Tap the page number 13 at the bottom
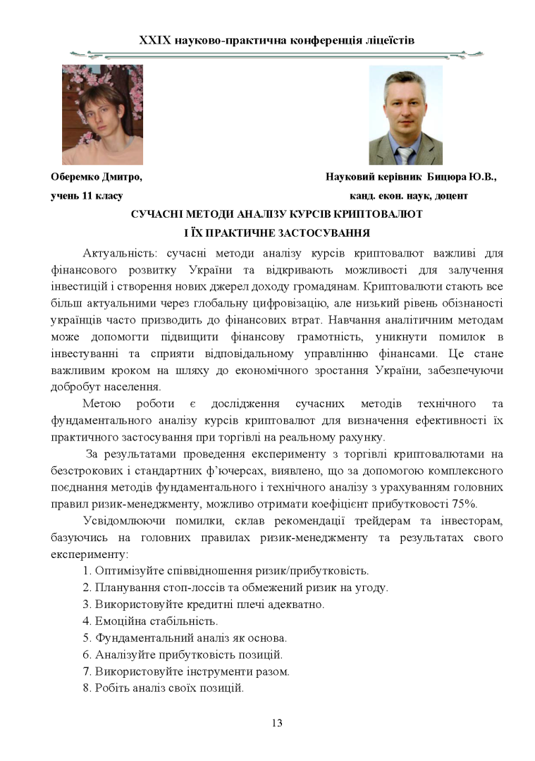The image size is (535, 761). (277, 723)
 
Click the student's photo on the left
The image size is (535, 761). (102, 115)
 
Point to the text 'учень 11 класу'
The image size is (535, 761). (87, 195)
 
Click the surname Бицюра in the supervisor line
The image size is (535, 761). (450, 177)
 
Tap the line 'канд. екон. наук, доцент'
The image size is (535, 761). (408, 195)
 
